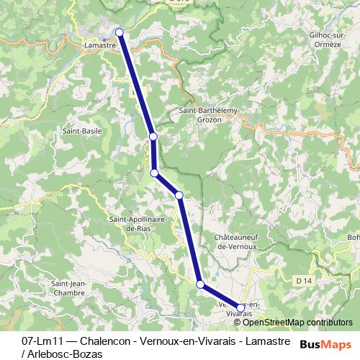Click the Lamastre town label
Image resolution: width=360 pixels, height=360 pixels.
(100, 45)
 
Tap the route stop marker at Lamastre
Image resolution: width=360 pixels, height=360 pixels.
(120, 32)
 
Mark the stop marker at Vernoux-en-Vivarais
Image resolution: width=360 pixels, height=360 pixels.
(240, 307)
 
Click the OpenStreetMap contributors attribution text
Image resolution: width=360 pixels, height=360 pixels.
(298, 322)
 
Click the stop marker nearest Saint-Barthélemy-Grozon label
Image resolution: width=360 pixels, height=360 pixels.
(153, 137)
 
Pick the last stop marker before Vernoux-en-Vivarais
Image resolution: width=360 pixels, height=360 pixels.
(200, 284)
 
